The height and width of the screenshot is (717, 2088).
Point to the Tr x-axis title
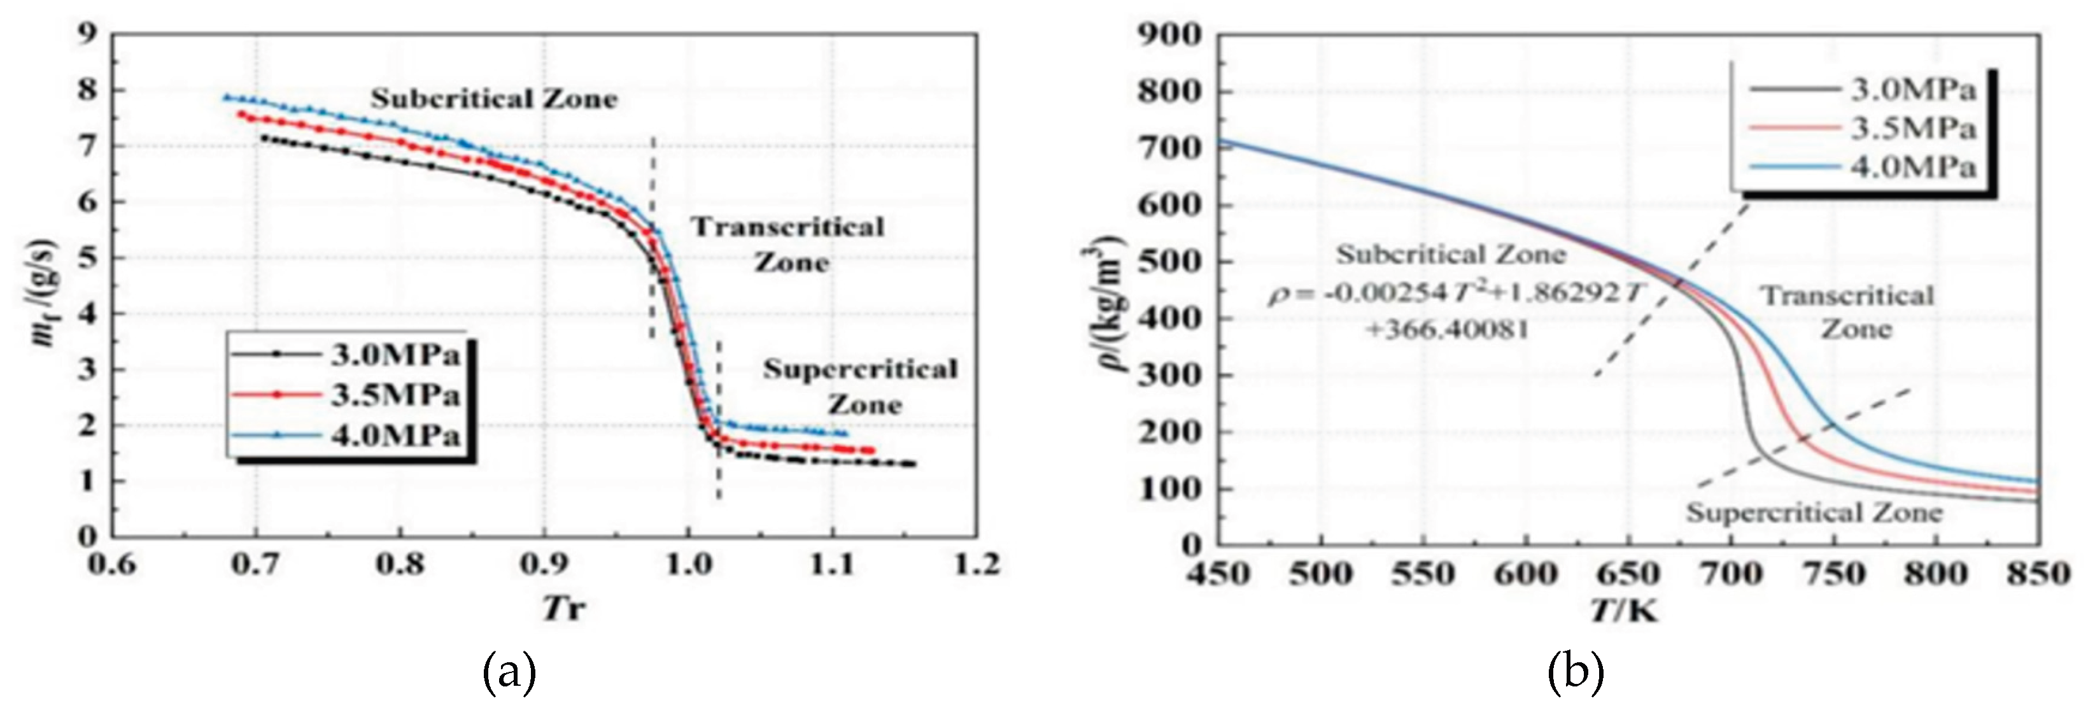[564, 607]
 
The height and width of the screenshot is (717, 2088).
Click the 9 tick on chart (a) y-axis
[87, 34]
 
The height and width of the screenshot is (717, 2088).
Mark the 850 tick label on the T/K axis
[2038, 574]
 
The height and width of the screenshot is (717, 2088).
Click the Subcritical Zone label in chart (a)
[495, 99]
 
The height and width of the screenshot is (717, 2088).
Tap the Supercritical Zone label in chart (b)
[1814, 513]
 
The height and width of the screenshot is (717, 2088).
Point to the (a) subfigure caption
[509, 672]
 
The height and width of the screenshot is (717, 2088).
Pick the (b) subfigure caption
[1576, 672]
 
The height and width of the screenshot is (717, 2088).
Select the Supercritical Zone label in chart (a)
[861, 387]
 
